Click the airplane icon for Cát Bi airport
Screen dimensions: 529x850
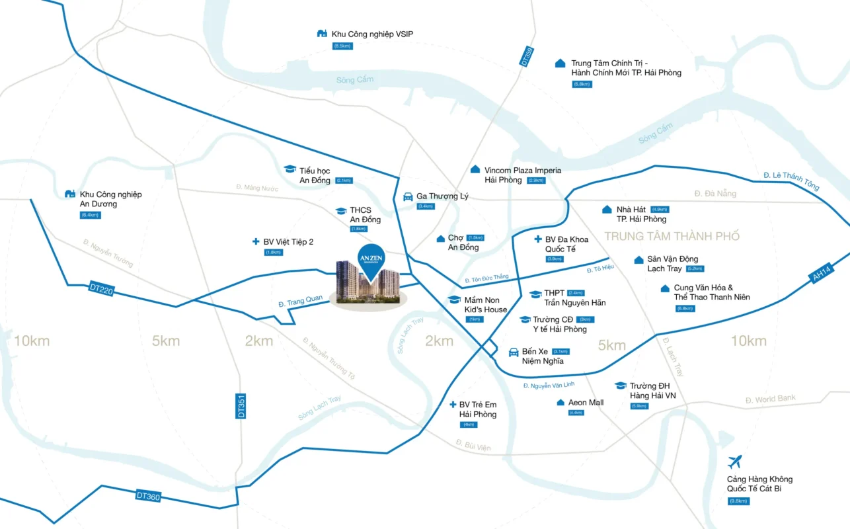[x=734, y=462]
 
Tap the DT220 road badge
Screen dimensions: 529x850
[x=101, y=288]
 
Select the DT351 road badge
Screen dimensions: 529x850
[x=241, y=405]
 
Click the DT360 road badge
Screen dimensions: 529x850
[x=148, y=495]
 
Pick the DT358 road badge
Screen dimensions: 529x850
[x=526, y=56]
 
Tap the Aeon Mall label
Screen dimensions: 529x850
[x=586, y=402]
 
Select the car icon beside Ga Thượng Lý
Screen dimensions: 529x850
[x=408, y=196]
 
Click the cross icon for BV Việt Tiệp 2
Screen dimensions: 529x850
[x=256, y=242]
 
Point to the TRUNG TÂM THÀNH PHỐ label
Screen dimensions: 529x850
[x=672, y=236]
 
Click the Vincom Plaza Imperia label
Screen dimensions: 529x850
[x=522, y=175]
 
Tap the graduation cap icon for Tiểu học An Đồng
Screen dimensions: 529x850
[x=290, y=170]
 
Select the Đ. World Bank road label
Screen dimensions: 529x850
[x=770, y=399]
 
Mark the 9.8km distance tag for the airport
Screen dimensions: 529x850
[x=739, y=501]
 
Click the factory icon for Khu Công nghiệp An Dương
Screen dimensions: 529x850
[x=70, y=194]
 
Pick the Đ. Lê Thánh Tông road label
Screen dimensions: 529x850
[x=791, y=181]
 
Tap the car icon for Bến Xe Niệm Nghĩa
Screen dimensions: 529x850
[x=513, y=352]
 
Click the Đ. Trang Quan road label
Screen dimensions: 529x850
[x=301, y=301]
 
